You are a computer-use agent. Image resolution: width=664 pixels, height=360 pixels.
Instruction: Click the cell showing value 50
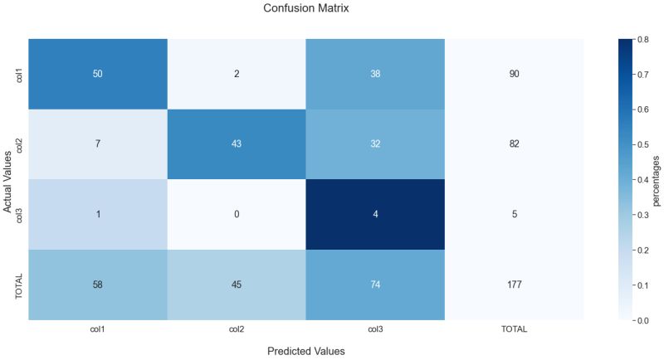click(x=97, y=74)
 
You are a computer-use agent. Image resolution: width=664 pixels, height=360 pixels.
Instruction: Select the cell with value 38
click(x=374, y=74)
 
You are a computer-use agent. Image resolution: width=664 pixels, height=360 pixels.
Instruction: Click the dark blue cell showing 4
click(x=374, y=214)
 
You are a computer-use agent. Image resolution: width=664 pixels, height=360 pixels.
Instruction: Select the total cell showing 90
click(x=513, y=74)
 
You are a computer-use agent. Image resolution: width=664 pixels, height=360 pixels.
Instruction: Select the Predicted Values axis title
click(x=305, y=351)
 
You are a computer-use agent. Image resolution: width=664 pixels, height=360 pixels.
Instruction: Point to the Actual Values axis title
click(x=8, y=179)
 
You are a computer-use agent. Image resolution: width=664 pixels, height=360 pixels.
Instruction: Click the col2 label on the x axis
click(x=236, y=329)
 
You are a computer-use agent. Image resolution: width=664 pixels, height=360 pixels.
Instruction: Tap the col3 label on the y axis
click(x=18, y=214)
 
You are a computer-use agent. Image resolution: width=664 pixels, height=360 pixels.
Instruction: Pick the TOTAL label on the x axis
click(x=513, y=329)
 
